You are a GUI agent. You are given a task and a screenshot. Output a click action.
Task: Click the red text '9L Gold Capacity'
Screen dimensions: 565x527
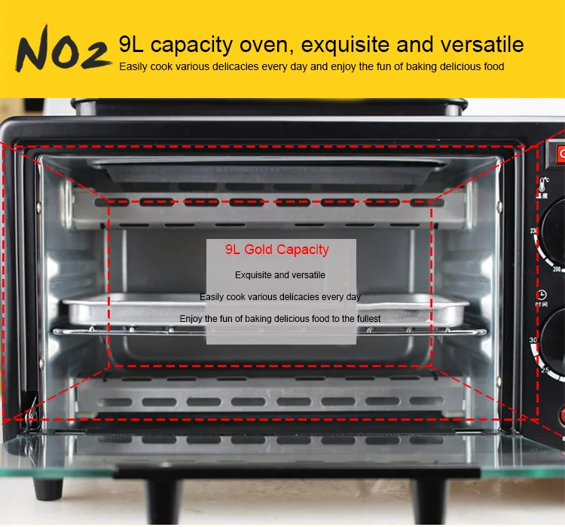click(276, 250)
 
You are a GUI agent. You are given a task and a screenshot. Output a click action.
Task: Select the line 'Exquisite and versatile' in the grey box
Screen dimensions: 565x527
click(280, 275)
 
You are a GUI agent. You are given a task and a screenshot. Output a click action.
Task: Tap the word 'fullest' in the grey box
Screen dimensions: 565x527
click(365, 319)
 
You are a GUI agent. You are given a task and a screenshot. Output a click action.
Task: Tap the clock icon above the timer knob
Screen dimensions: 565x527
click(542, 296)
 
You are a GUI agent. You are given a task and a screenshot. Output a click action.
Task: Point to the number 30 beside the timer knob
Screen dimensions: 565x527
click(533, 342)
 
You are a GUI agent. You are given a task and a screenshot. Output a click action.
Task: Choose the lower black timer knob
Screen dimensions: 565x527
click(556, 339)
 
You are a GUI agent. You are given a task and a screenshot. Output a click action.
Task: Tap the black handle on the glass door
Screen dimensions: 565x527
click(279, 473)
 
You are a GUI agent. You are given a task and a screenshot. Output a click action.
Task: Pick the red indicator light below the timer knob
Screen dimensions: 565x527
click(561, 416)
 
